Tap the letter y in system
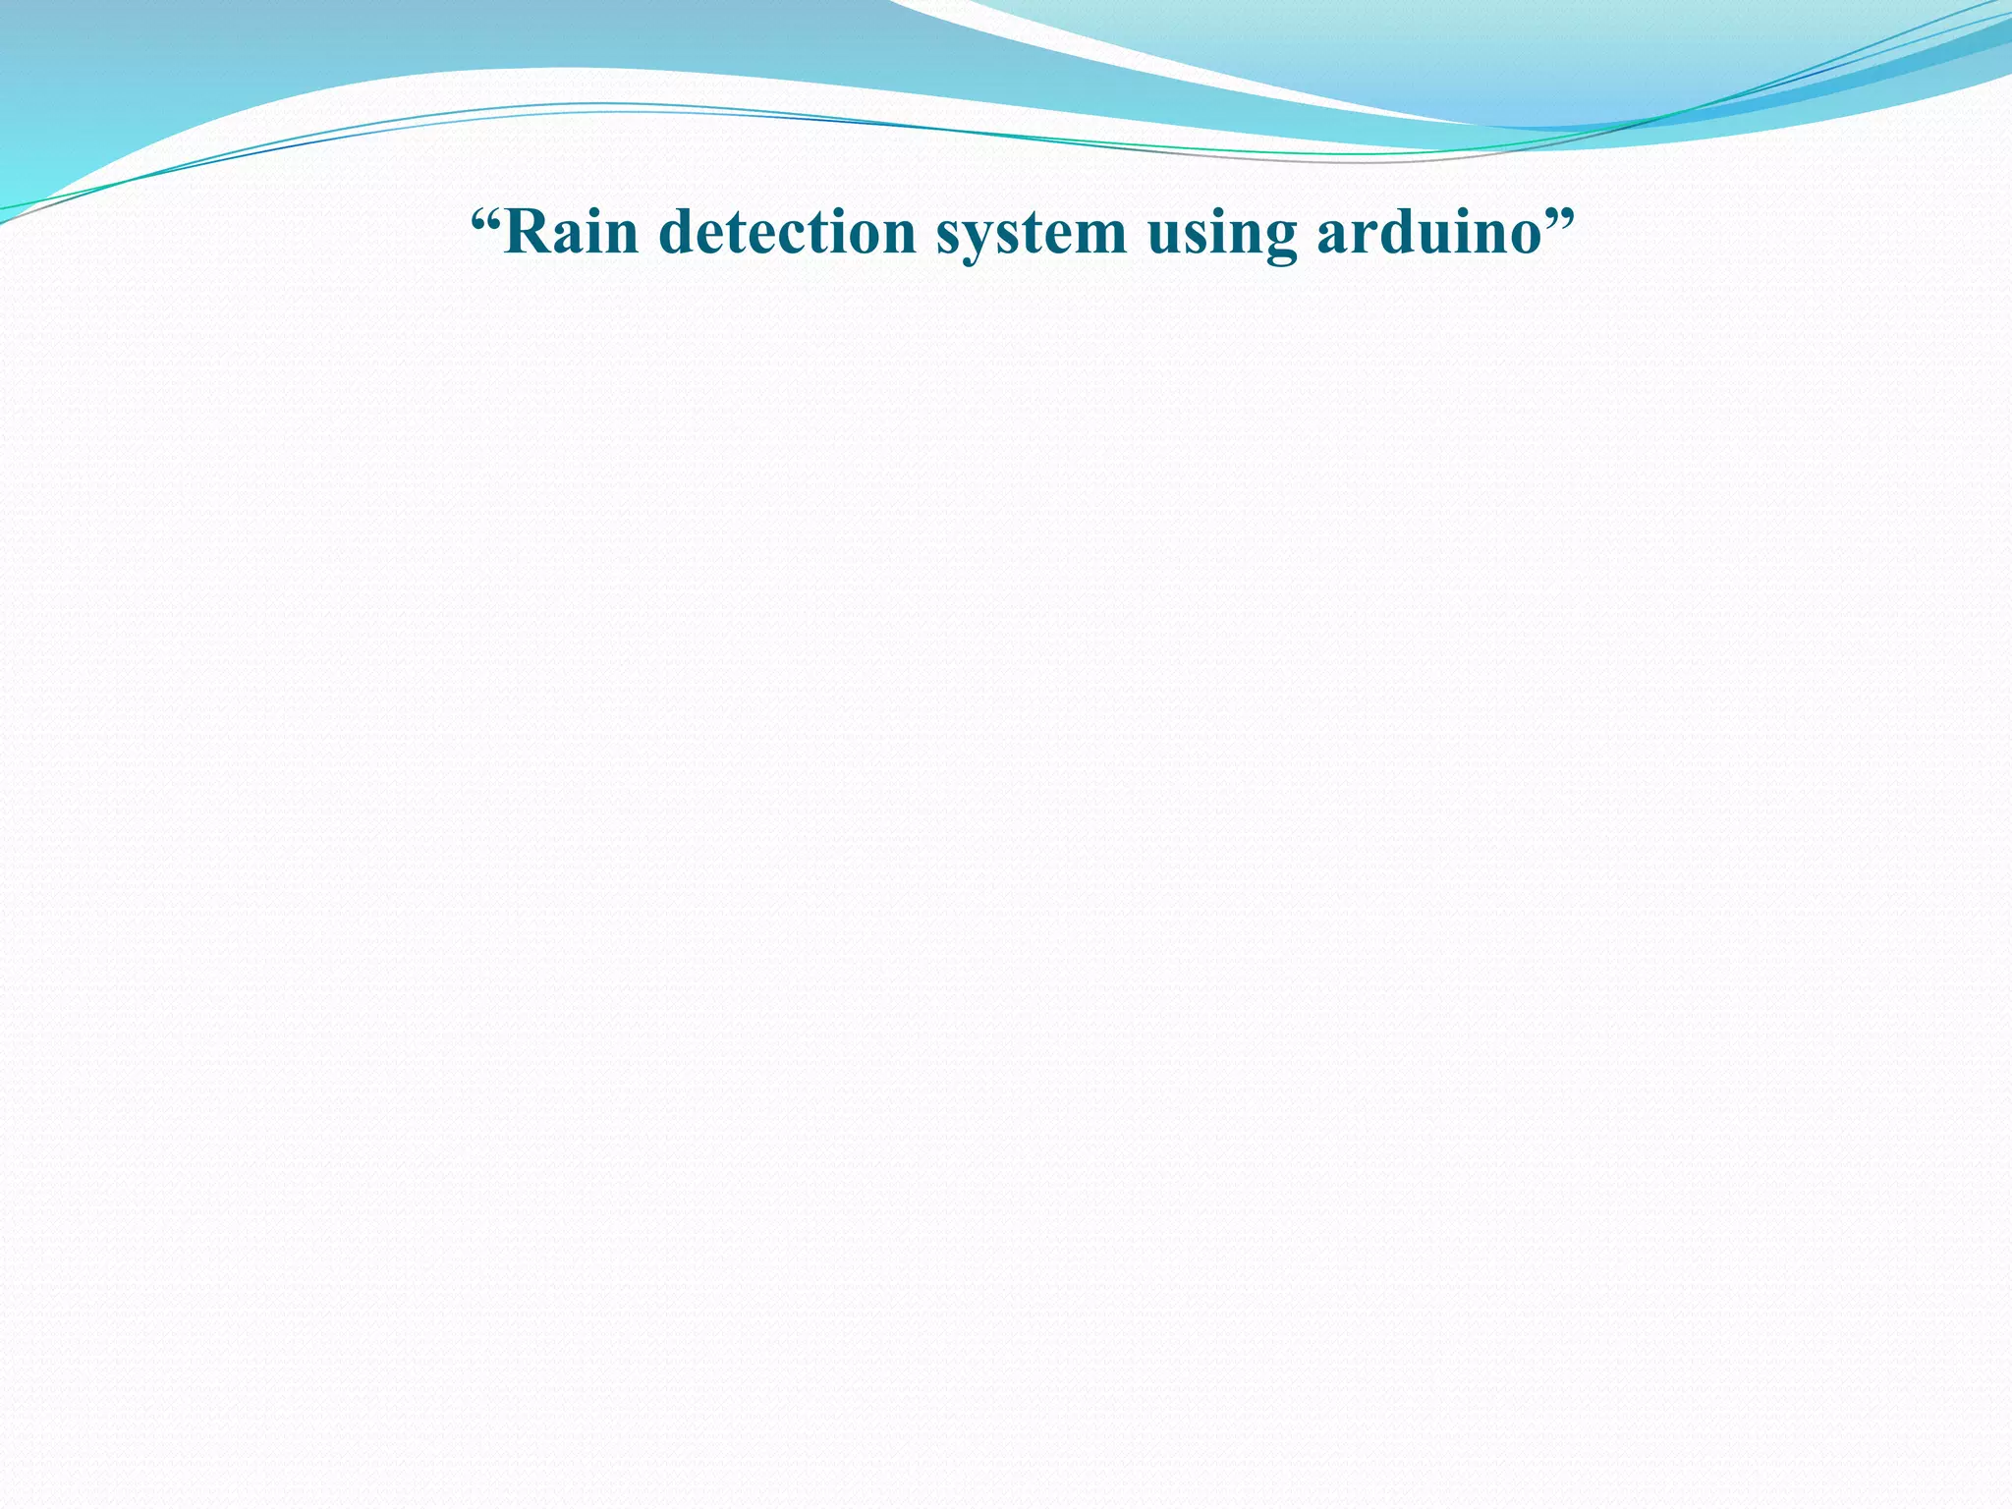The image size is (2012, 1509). point(982,242)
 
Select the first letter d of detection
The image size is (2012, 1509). point(679,233)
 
